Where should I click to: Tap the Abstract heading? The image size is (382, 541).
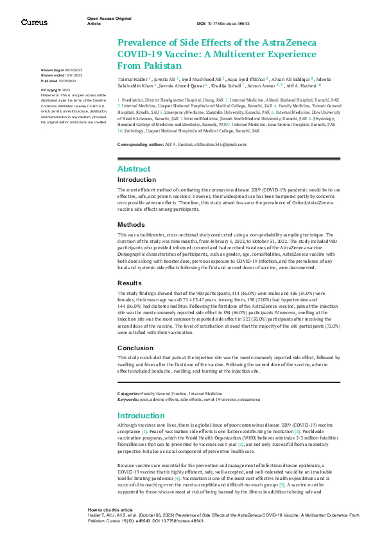click(134, 168)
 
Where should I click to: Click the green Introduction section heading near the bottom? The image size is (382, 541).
click(141, 415)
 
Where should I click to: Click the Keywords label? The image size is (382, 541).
click(128, 399)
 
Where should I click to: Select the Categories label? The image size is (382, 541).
click(130, 393)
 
